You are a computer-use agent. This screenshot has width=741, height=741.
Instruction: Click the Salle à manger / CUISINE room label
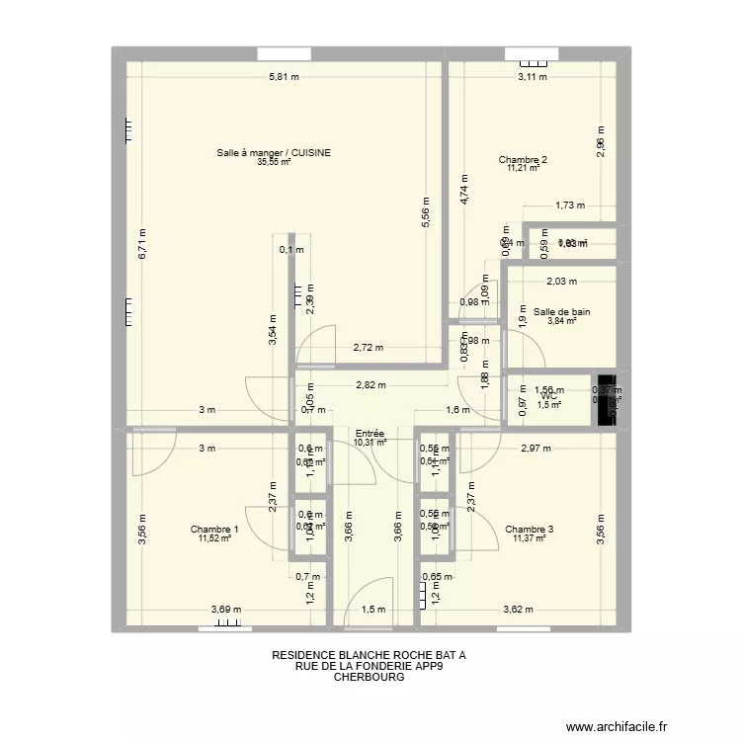(x=274, y=153)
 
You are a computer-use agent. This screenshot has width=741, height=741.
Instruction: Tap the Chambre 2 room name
(x=523, y=160)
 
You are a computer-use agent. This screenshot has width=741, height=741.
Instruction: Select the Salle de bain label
(x=561, y=312)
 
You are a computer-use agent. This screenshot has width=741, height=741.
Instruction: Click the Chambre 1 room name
(x=214, y=530)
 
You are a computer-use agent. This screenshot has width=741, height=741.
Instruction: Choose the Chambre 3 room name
(x=529, y=530)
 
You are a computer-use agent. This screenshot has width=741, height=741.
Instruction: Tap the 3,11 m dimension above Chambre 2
(x=534, y=79)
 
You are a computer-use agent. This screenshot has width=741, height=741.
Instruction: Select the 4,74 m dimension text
(x=463, y=187)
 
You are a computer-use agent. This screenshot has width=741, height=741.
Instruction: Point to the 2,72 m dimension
(x=370, y=348)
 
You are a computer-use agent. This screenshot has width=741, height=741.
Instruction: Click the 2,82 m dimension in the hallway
(x=372, y=386)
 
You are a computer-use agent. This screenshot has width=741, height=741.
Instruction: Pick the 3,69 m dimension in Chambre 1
(x=226, y=611)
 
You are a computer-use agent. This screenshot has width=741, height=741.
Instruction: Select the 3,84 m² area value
(x=561, y=321)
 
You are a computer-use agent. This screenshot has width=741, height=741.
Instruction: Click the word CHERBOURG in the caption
(x=370, y=678)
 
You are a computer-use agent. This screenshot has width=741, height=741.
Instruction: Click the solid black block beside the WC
(x=605, y=398)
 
